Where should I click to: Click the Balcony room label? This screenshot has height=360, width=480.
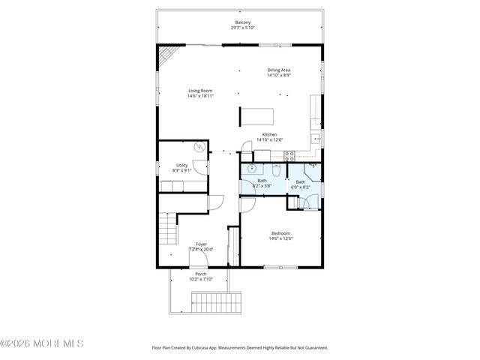point(243,22)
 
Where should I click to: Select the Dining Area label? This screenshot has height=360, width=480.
point(278,70)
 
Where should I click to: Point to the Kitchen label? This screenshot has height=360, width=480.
point(268,134)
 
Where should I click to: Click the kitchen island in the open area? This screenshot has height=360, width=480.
point(256,116)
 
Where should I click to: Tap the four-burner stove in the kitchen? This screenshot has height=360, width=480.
point(290,156)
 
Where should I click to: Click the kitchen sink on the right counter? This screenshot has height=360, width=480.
point(317,139)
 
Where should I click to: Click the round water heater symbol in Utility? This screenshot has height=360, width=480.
point(199,148)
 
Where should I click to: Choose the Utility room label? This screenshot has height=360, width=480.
point(181,165)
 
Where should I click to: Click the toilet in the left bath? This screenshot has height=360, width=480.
point(276,169)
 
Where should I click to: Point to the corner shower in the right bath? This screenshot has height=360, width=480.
point(311,169)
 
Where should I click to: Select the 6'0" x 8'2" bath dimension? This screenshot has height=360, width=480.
point(300,187)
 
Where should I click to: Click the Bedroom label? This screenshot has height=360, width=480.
point(280,233)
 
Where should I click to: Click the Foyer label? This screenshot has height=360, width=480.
point(201,244)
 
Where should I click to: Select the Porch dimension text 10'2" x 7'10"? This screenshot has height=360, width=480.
point(201,279)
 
